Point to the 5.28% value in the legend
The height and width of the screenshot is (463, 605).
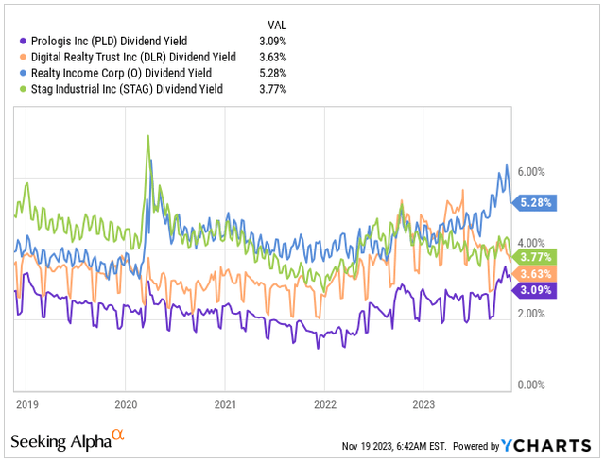(x=272, y=75)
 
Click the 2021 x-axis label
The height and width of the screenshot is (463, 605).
(x=224, y=403)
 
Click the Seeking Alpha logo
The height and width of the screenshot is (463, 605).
(x=66, y=441)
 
